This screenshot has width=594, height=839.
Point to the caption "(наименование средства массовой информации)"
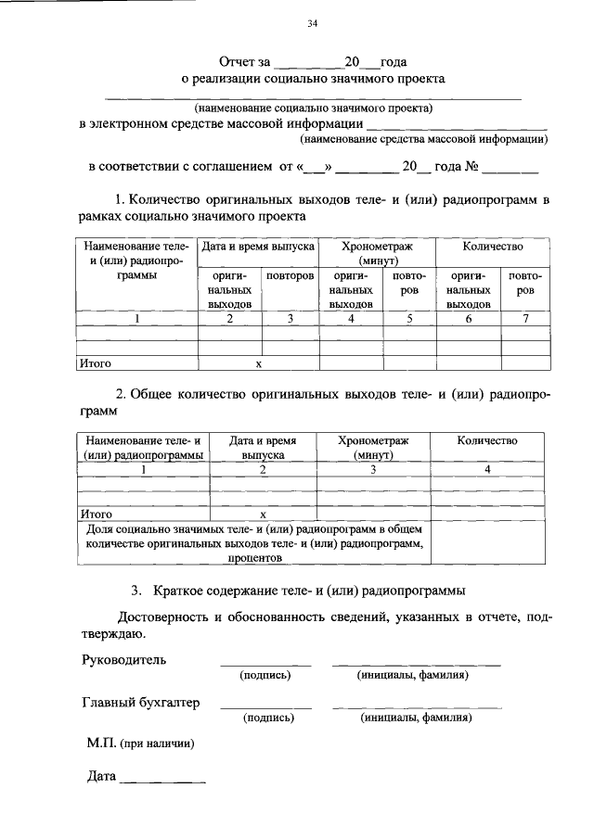tap(423, 139)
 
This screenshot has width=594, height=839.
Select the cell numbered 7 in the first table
tap(525, 319)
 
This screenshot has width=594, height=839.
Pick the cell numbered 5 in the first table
tap(409, 319)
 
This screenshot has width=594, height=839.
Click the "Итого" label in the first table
tap(95, 364)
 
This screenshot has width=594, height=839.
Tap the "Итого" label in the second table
tap(97, 513)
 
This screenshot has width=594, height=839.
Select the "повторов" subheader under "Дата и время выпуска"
tap(290, 277)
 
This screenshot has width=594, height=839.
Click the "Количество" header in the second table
tap(487, 441)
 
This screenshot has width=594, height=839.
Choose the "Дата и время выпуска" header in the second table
tap(263, 448)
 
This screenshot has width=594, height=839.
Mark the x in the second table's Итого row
tap(263, 513)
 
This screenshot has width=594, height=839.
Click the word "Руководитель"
tap(125, 660)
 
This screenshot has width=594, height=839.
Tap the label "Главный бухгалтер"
tap(141, 703)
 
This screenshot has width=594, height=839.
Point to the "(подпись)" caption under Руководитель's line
tap(265, 675)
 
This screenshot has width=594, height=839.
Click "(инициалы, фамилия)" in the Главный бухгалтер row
tap(417, 718)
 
